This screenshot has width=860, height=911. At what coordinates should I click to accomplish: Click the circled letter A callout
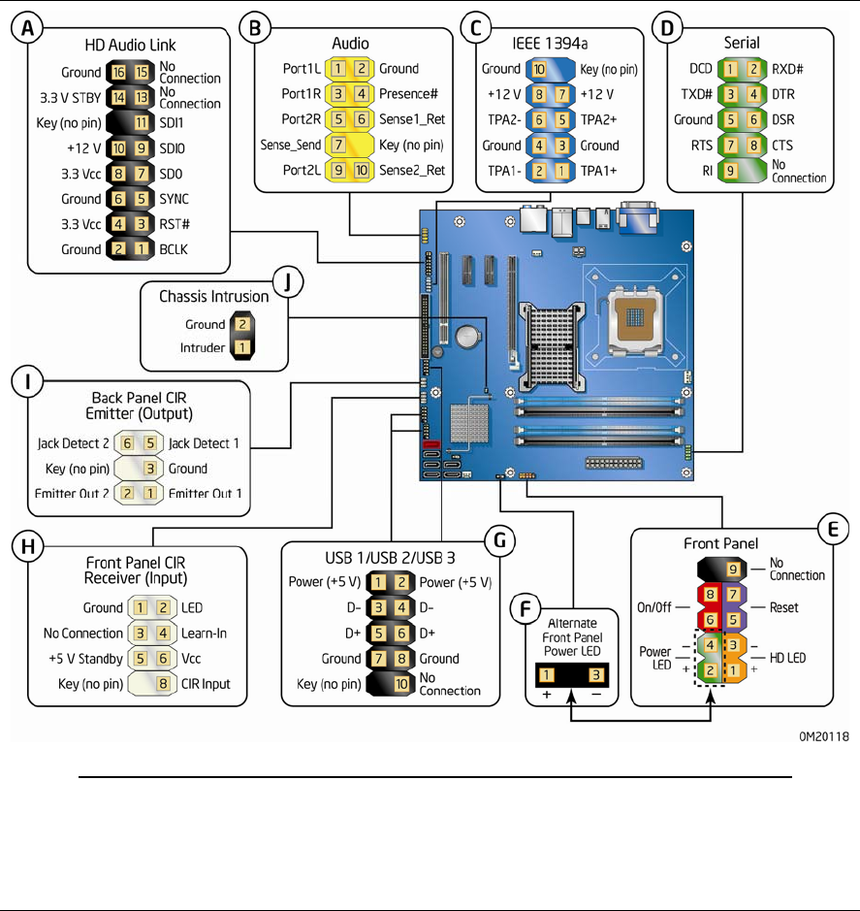coord(31,30)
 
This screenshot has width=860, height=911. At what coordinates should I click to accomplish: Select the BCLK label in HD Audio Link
coord(177,249)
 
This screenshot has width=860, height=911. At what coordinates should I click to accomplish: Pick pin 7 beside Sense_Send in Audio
coord(336,145)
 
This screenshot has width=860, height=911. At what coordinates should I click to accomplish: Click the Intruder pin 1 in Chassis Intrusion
coord(241,347)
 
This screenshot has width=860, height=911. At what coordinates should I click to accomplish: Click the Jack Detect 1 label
coord(205,443)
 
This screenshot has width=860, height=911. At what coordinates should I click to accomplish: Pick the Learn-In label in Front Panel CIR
coord(206,634)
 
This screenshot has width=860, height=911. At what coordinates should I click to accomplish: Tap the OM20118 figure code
coord(826,736)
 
